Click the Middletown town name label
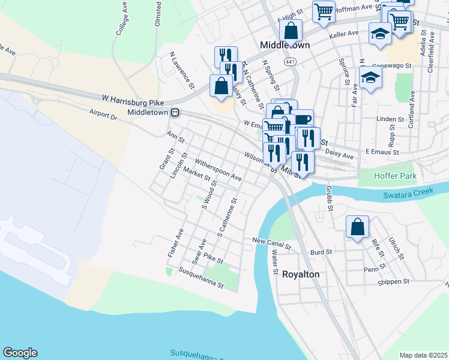[x=285, y=45]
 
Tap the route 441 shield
[x=291, y=62]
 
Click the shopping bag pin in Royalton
[x=357, y=227]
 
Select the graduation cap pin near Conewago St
[x=370, y=77]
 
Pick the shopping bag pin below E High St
[x=291, y=30]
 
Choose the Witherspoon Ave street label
[x=218, y=170]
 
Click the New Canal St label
[x=271, y=241]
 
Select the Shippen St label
[x=393, y=281]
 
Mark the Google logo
[x=20, y=353]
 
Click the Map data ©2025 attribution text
[x=423, y=355]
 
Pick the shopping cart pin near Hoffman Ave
[x=324, y=10]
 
